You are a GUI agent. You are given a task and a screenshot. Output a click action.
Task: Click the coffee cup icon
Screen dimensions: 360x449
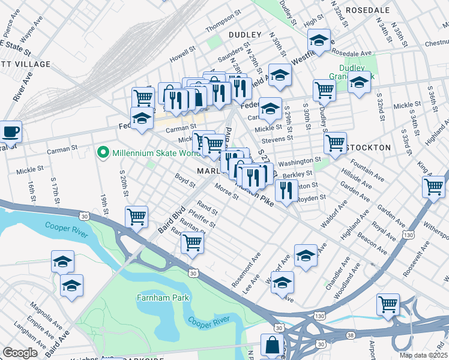(x=10, y=131)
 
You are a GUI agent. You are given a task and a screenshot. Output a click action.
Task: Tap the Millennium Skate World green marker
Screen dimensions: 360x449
(x=103, y=153)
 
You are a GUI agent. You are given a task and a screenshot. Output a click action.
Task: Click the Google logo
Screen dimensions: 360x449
(x=20, y=353)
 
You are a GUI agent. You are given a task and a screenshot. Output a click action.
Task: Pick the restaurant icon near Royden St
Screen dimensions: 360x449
(x=286, y=190)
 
